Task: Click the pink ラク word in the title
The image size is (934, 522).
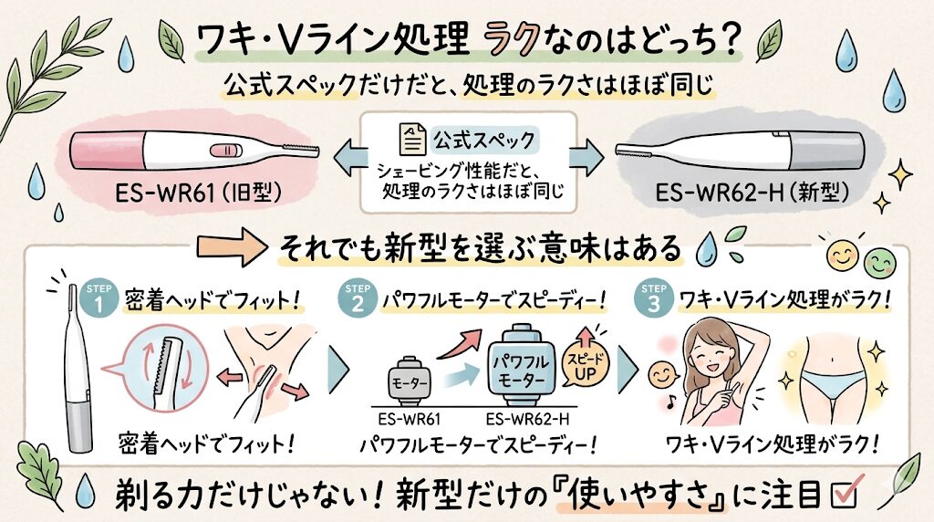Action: pos(514,40)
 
